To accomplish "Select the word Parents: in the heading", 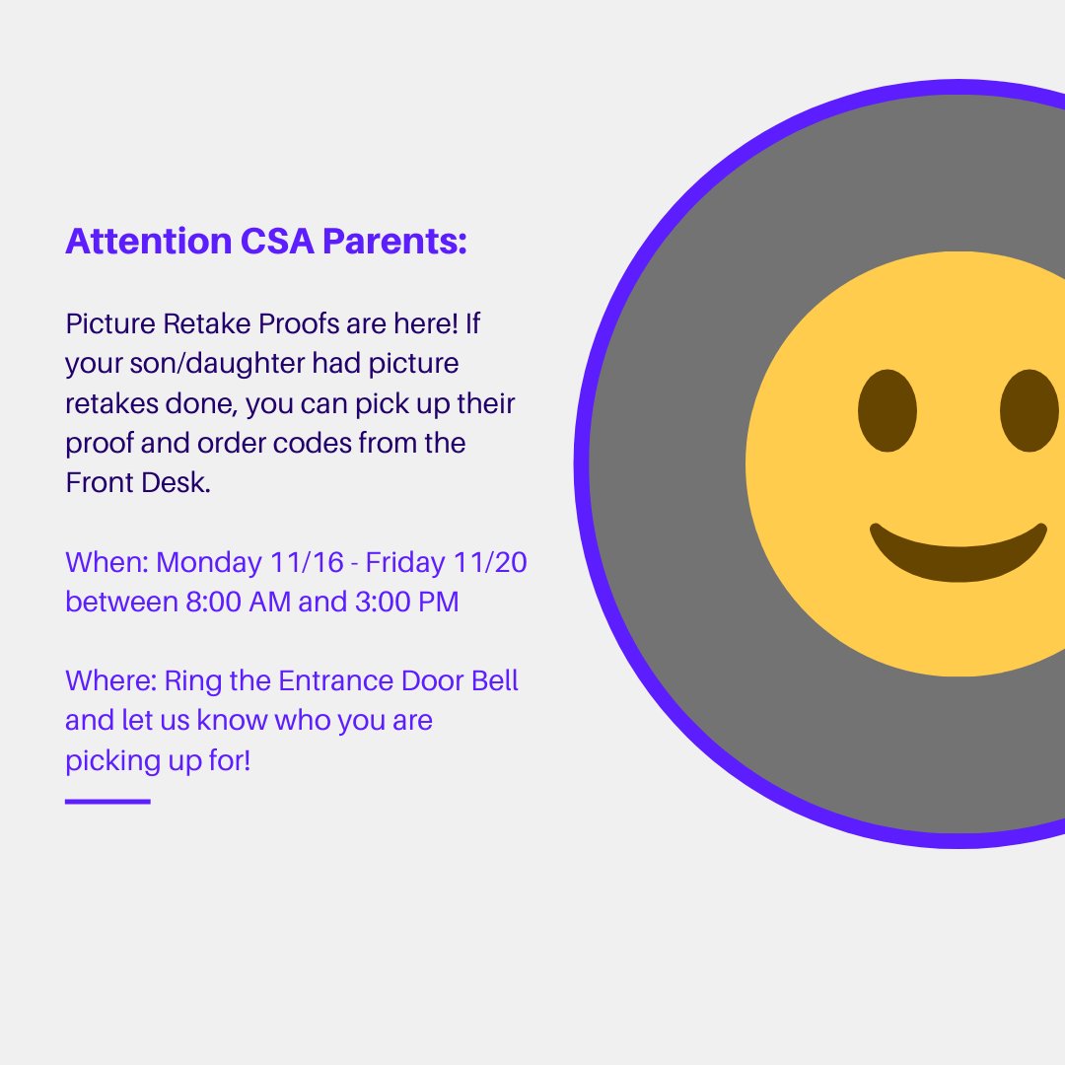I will click(394, 241).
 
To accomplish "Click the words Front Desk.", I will click(138, 483).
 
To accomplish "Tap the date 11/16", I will click(307, 563).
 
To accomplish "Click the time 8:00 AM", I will click(238, 602).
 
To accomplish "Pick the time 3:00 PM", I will click(406, 602).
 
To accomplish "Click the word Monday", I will click(208, 563).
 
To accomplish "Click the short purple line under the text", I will click(107, 802).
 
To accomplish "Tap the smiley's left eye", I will click(887, 411).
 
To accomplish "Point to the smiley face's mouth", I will click(958, 557).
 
